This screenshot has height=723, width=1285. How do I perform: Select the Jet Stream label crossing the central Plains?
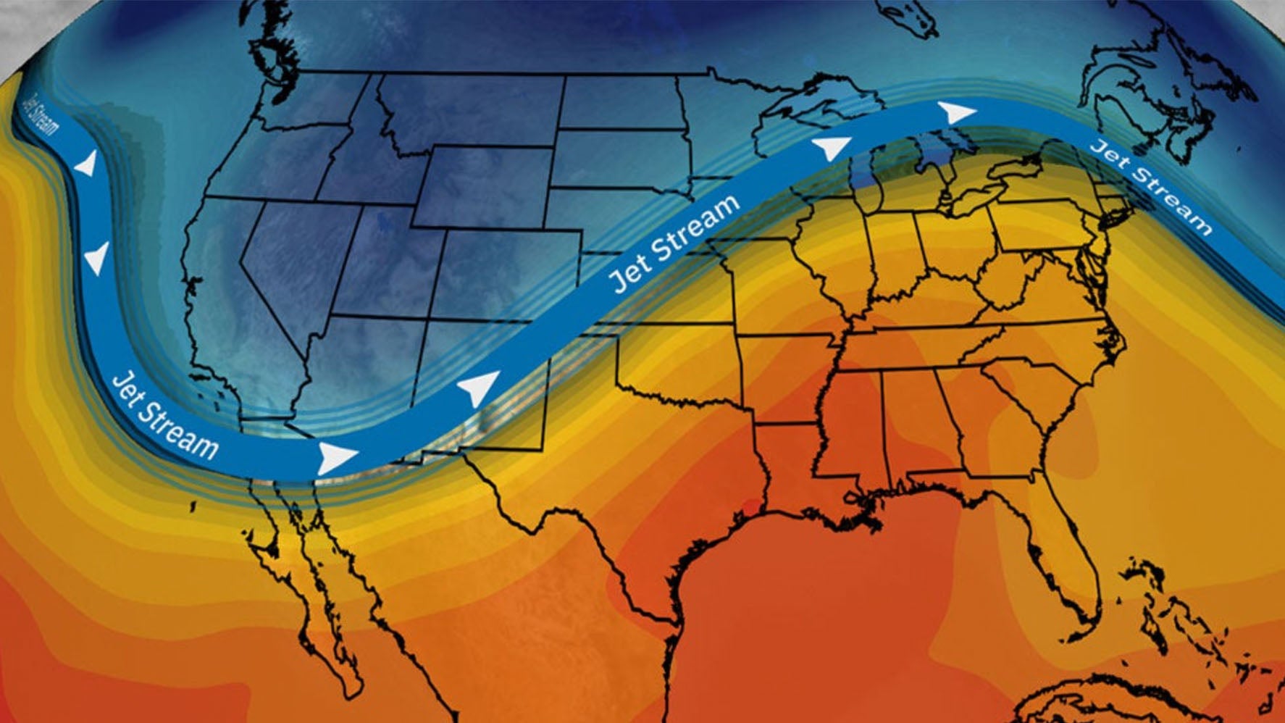[674, 243]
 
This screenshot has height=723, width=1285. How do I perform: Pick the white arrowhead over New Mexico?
[480, 388]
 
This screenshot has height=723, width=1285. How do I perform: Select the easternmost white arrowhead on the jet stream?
[956, 112]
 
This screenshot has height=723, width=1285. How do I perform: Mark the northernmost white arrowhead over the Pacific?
[86, 164]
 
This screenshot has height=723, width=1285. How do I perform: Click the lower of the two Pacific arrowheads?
[96, 258]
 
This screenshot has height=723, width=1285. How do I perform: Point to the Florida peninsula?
[1068, 551]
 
